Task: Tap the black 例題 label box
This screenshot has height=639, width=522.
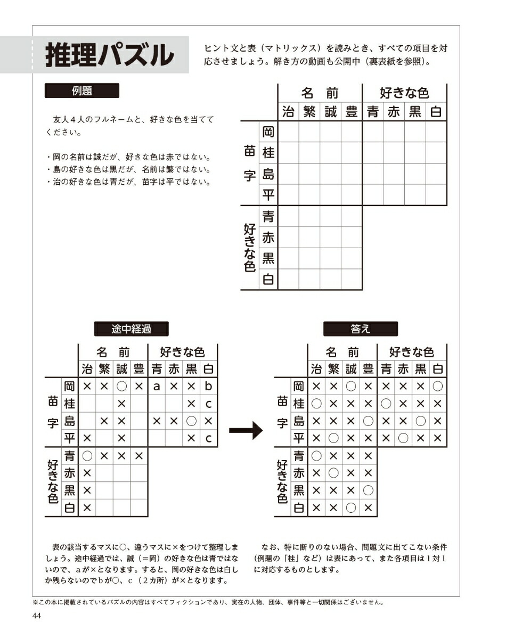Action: pos(81,91)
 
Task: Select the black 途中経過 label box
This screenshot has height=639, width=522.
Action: pos(131,329)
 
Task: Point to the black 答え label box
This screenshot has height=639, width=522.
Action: pos(360,329)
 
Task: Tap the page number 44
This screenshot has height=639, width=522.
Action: pos(37,616)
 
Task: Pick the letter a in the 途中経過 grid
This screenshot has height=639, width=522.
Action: pos(157,386)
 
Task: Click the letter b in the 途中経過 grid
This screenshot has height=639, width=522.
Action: pos(208,386)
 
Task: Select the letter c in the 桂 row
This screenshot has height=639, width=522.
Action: pos(208,404)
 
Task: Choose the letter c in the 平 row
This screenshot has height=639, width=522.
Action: pos(208,439)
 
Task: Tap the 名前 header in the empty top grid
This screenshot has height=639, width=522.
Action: pos(320,94)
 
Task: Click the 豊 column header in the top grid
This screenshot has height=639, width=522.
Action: pos(352,112)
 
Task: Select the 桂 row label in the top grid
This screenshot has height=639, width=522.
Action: pos(268,153)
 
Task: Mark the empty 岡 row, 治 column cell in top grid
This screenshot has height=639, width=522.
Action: pos(288,132)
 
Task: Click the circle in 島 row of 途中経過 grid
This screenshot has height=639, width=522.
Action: pos(191,421)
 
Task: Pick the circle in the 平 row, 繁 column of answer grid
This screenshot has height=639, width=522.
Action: pos(333,439)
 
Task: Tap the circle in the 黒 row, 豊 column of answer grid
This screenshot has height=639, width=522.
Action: pos(368,490)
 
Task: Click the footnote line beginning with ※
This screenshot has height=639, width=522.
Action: pos(208,603)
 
